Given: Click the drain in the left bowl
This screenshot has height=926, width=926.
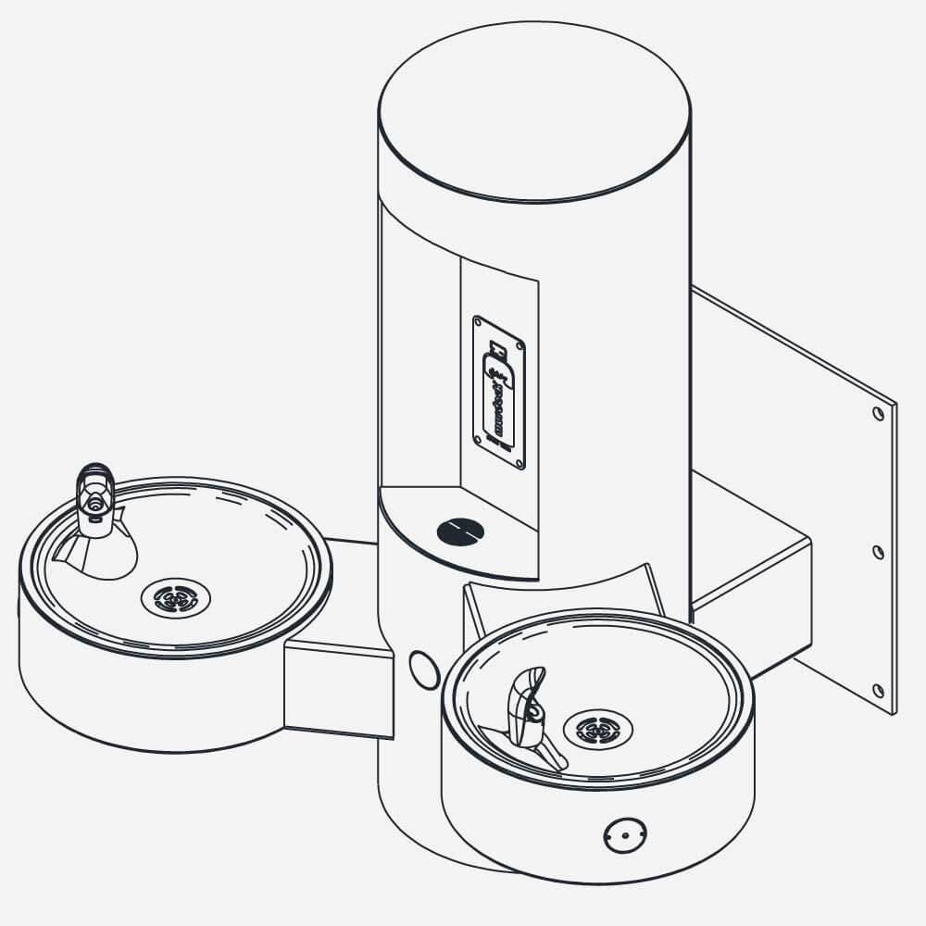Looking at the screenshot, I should click(176, 597).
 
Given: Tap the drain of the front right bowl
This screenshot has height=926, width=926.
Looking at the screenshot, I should click(598, 729).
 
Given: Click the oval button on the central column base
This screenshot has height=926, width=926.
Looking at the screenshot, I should click(424, 669).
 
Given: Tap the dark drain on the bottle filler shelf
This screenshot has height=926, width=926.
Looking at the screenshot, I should click(460, 531).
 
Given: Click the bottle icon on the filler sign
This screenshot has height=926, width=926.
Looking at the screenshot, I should click(500, 394).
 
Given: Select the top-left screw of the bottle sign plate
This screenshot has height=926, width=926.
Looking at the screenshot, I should click(478, 322).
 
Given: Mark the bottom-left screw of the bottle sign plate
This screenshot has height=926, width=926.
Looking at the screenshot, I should click(478, 438).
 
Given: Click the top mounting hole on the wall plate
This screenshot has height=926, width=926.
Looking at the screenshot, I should click(878, 414).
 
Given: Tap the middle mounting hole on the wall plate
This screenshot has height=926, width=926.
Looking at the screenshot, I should click(878, 552).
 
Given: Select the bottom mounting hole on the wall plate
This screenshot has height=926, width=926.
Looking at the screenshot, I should click(878, 690).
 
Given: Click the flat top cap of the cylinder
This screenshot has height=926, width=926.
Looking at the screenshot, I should click(534, 111).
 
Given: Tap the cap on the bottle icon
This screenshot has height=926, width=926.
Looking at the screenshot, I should click(498, 349).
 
